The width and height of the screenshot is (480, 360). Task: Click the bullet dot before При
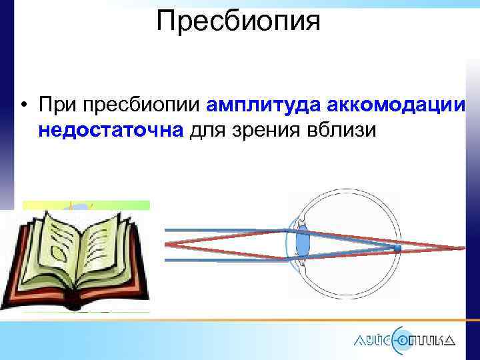click(x=23, y=105)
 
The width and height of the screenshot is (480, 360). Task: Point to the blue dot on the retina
click(x=397, y=249)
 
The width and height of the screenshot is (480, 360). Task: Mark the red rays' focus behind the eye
click(x=461, y=248)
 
